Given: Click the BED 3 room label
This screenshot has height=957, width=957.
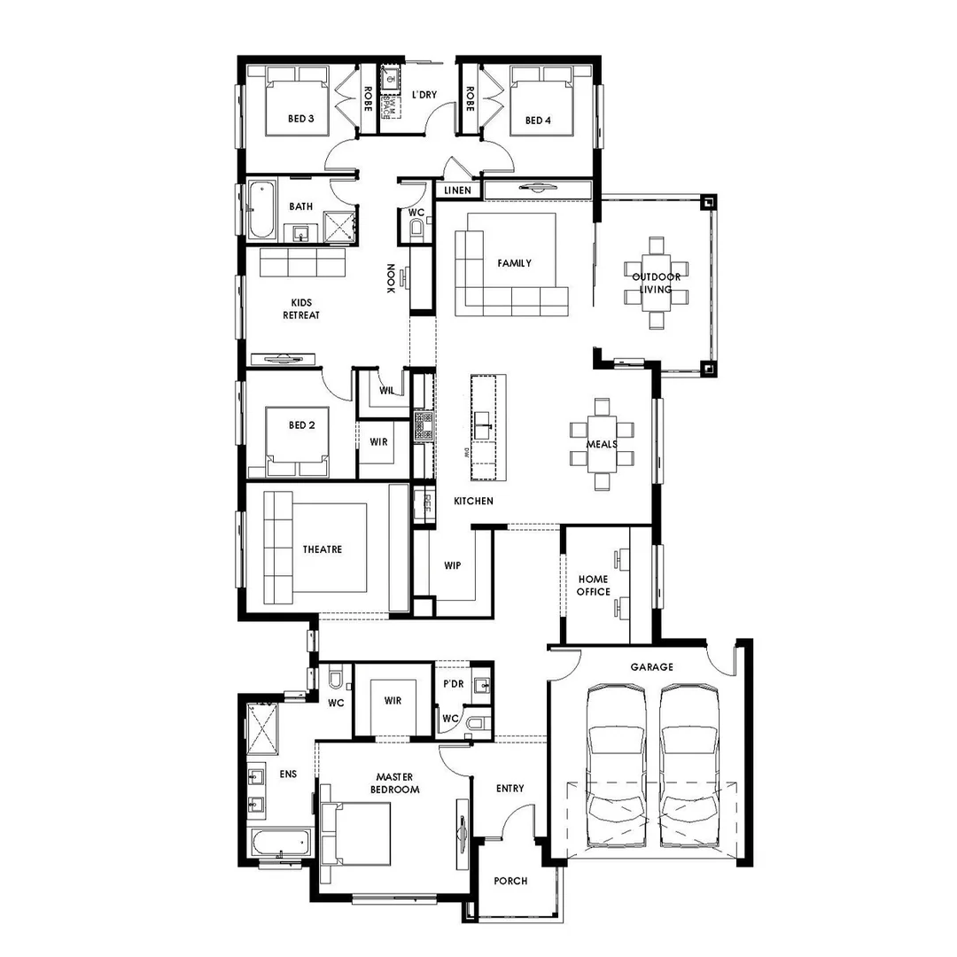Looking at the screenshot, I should pos(301,119).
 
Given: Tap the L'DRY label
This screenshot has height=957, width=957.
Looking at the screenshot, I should pos(424,94).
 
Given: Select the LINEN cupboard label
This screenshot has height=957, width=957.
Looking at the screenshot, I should pos(458,191).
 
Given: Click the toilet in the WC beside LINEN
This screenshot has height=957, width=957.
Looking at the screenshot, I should pos(417,229).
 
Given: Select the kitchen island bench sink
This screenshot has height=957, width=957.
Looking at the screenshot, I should pos(483,424).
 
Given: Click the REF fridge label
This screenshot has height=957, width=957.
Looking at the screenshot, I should pos(427,503).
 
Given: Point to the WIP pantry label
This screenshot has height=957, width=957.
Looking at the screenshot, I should pos(453,565).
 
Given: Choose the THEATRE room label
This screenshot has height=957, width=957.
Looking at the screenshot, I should pos(322,549).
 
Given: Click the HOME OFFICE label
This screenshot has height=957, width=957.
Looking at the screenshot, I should pos(594,586).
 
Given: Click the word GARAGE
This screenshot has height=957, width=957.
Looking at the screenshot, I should pos(651,667).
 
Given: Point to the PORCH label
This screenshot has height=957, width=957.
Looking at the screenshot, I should pos(510,881).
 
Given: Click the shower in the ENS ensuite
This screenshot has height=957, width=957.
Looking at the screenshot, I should pos(262,726).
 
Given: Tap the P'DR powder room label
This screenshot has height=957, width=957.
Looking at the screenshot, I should pos(453,685).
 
